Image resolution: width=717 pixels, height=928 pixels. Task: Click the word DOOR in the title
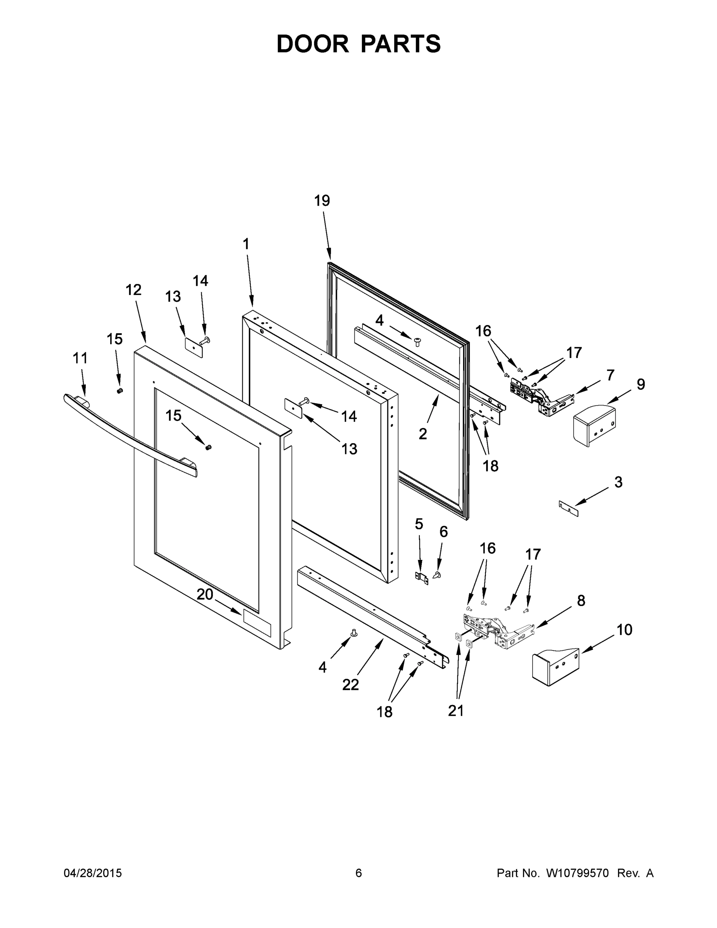[312, 44]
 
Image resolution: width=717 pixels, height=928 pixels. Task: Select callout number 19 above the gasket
[322, 201]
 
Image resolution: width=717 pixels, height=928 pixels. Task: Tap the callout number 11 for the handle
[80, 358]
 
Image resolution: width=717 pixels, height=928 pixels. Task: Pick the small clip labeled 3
[569, 508]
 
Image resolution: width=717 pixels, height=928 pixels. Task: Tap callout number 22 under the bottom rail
[351, 684]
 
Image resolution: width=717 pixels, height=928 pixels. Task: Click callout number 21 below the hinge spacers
[456, 710]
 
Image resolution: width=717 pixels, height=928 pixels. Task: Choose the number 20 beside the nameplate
[205, 594]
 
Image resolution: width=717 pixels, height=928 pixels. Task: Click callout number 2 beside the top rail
[422, 434]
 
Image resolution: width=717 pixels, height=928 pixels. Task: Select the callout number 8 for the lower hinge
[581, 600]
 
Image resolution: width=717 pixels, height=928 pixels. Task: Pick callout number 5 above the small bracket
[419, 524]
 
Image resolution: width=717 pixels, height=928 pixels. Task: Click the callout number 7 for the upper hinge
[610, 375]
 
